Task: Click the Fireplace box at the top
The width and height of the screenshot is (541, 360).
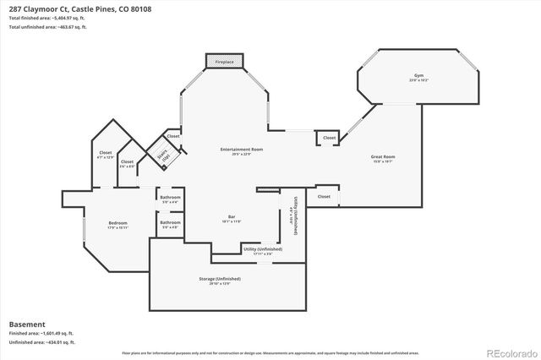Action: pyautogui.click(x=224, y=62)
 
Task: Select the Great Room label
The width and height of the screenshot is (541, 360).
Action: pyautogui.click(x=384, y=157)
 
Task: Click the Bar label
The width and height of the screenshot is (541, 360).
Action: pyautogui.click(x=232, y=218)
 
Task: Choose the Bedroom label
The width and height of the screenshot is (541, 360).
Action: pyautogui.click(x=117, y=225)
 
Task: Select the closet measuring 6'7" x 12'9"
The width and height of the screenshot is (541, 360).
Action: pyautogui.click(x=106, y=155)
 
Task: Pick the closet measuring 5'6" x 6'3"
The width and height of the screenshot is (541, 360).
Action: pyautogui.click(x=127, y=164)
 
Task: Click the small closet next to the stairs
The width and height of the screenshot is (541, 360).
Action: pyautogui.click(x=172, y=136)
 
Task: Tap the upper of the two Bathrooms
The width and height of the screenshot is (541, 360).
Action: pyautogui.click(x=170, y=199)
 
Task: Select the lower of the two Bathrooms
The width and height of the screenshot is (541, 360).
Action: pyautogui.click(x=170, y=224)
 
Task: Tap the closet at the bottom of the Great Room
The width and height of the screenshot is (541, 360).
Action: pyautogui.click(x=324, y=197)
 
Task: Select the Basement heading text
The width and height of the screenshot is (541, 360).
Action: pyautogui.click(x=27, y=324)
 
